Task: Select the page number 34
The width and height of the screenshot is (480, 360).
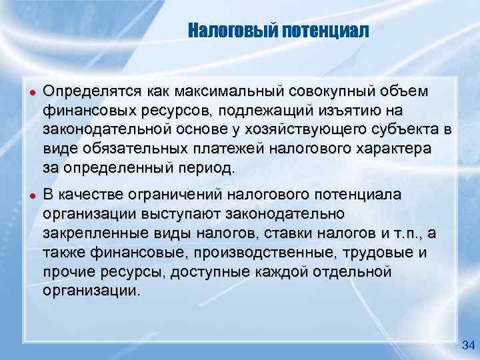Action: click(x=467, y=345)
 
